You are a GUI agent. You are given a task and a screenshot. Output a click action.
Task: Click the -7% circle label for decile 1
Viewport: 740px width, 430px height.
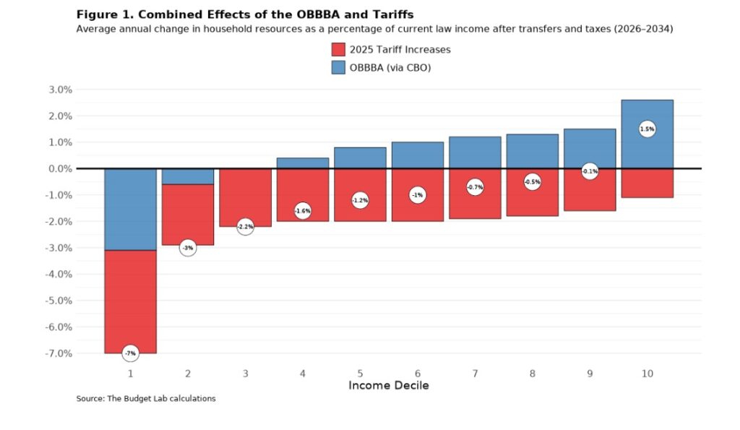click(x=130, y=353)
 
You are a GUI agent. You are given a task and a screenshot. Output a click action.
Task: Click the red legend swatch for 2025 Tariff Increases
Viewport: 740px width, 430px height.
click(x=338, y=50)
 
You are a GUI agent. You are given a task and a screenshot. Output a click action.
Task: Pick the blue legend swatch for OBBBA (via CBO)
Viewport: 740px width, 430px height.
click(x=338, y=67)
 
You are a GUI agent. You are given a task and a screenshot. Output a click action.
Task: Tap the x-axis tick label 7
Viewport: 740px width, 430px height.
click(x=475, y=374)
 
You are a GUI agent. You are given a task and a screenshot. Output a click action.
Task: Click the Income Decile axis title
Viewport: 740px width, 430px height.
click(x=388, y=385)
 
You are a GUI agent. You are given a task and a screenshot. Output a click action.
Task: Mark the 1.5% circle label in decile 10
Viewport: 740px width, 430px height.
click(x=647, y=129)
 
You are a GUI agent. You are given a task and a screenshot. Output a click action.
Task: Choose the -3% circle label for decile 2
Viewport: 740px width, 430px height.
click(x=187, y=248)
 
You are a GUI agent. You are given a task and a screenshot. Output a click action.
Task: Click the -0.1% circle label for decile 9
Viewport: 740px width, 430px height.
click(x=590, y=171)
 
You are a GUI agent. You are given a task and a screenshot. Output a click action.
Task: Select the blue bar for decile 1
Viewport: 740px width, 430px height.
click(x=130, y=210)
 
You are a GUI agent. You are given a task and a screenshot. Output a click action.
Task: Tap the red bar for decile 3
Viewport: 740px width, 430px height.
click(x=245, y=195)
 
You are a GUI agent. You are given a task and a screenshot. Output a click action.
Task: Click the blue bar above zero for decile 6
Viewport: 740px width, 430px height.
click(x=417, y=155)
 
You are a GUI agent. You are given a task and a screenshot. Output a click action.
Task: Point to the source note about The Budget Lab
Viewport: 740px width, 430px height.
click(x=145, y=399)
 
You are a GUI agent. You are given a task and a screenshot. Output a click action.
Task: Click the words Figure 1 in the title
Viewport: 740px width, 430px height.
click(x=100, y=14)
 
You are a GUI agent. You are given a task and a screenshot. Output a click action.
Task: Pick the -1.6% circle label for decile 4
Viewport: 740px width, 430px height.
click(x=302, y=210)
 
